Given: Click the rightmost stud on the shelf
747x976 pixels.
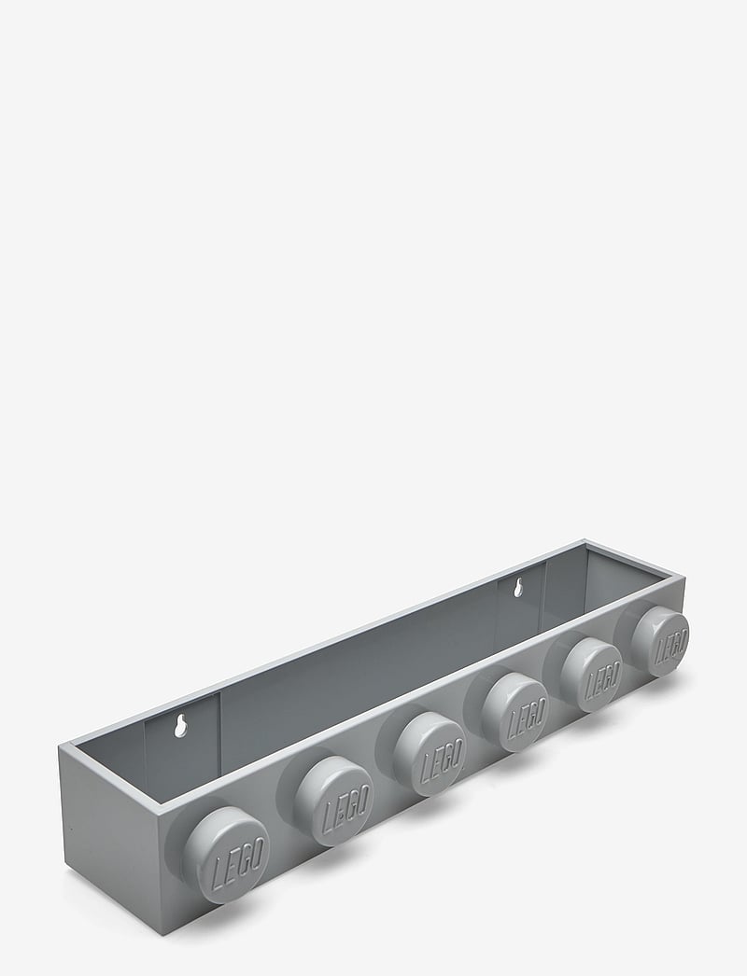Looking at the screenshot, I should [x=661, y=641].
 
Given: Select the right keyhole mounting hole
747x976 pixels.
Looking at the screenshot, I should [x=514, y=589].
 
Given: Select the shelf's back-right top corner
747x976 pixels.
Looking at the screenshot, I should [x=586, y=538].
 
